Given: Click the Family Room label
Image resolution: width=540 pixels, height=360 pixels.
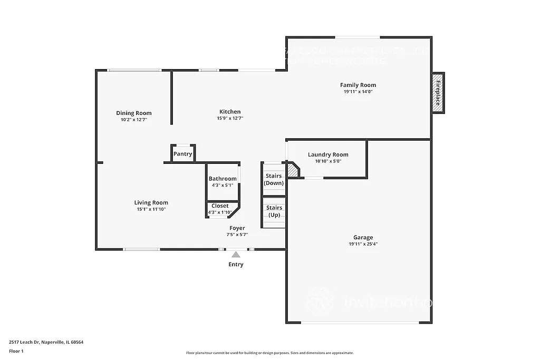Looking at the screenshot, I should (x=358, y=85).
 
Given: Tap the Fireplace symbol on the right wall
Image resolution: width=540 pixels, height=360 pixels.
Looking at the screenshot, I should (x=437, y=92).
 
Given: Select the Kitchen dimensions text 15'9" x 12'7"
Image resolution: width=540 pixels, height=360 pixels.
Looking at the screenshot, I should (x=230, y=119).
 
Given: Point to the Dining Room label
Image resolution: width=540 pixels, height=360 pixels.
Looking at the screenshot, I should (x=134, y=113).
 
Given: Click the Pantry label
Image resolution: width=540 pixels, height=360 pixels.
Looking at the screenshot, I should (x=182, y=154).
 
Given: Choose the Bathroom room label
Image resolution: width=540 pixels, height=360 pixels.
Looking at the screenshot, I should (x=223, y=179).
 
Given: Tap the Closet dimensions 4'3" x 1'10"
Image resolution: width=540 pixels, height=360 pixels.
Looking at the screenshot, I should (x=220, y=212).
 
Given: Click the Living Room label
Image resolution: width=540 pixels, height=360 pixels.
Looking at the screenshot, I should (x=151, y=202).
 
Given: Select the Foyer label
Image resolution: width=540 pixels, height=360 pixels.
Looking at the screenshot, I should (x=237, y=228).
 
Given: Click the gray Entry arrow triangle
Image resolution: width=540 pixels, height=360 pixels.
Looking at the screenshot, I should (x=236, y=255).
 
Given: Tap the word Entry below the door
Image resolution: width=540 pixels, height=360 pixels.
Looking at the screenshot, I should (x=236, y=265).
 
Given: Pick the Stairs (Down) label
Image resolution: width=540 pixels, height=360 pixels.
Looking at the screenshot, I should (x=274, y=179).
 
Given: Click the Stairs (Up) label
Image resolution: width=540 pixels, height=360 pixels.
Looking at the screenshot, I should (x=274, y=211).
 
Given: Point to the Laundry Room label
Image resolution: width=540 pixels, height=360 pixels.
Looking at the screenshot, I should (x=328, y=154).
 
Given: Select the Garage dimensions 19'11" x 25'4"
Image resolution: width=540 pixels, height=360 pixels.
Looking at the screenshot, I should (x=363, y=244).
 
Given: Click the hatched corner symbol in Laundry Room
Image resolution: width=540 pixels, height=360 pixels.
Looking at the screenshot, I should (x=293, y=170).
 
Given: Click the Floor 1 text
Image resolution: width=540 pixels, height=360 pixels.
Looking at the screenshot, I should (x=16, y=351).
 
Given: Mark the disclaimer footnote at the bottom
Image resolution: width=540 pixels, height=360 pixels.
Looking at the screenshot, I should (x=269, y=353).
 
